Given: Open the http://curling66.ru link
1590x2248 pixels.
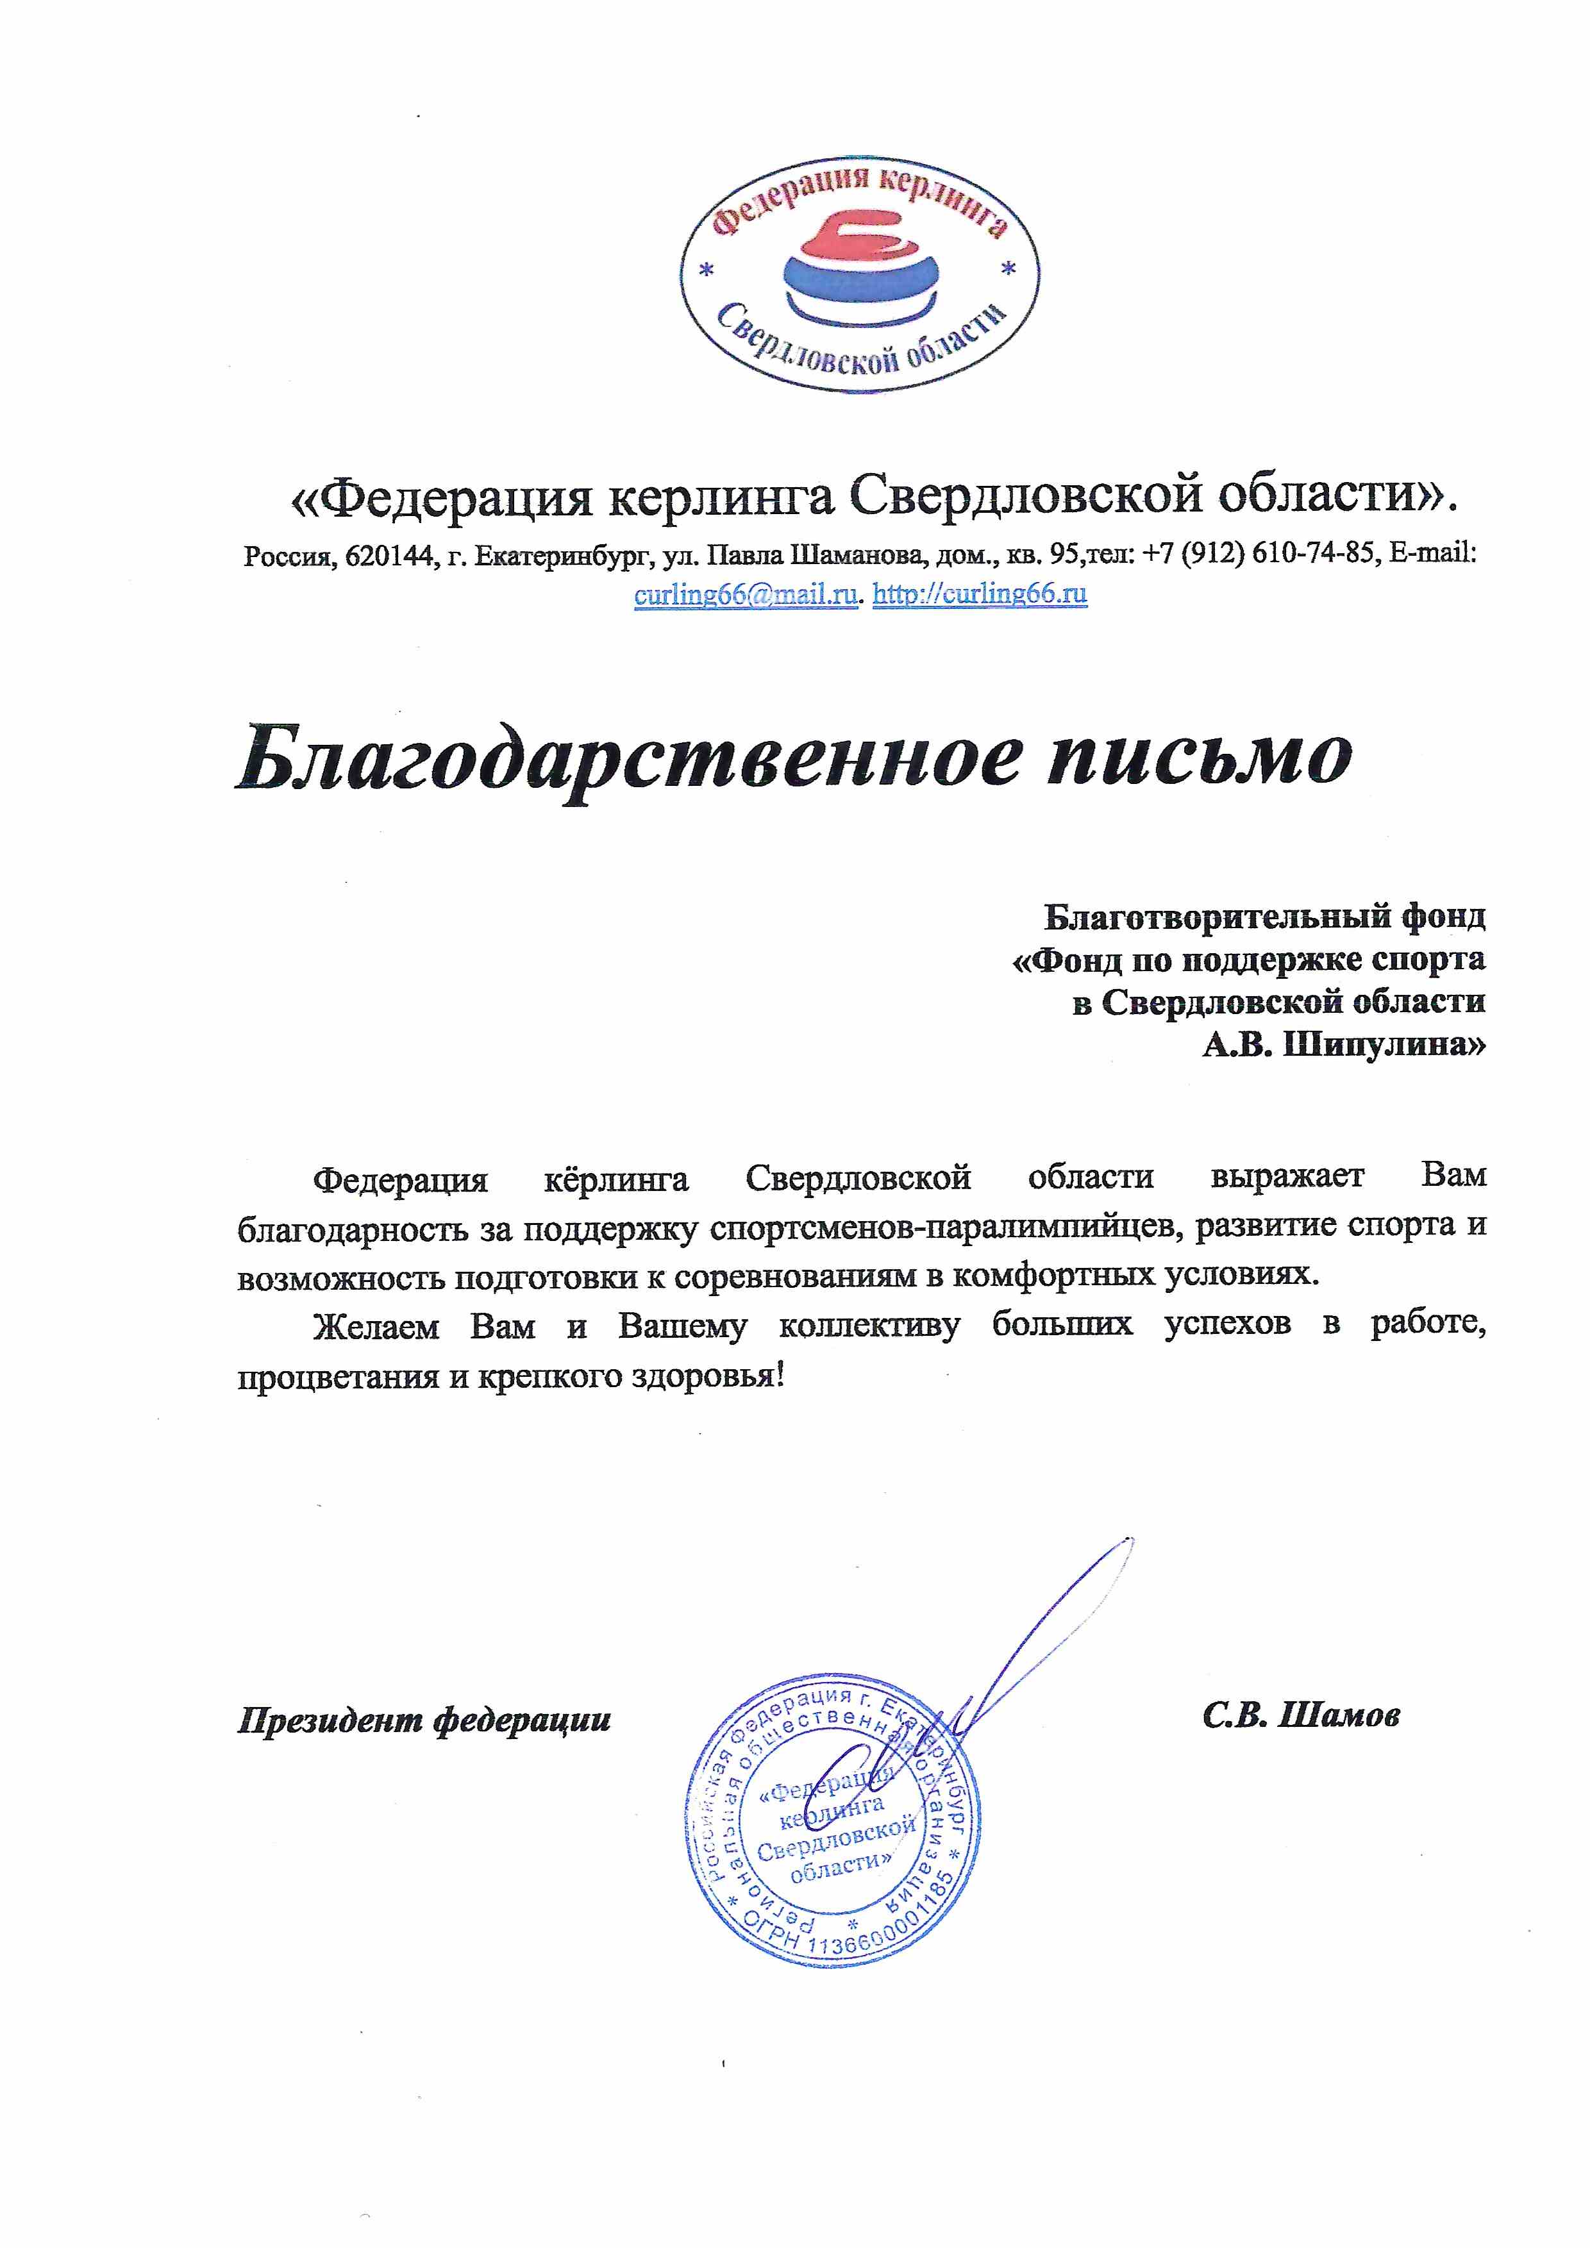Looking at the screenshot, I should [979, 594].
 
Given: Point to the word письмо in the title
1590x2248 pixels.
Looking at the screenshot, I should [1200, 757].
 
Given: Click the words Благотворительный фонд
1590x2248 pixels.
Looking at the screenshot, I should [1264, 917].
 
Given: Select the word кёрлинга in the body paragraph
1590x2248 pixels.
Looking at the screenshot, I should [616, 1178].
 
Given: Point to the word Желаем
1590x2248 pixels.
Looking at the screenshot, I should [375, 1328].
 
